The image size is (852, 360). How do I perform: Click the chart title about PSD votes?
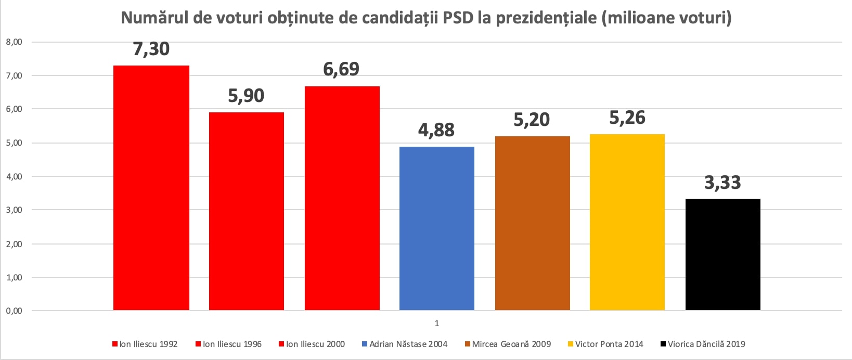click(x=426, y=18)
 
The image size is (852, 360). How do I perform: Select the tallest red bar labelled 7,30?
click(x=151, y=187)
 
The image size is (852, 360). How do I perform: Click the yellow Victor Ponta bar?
click(x=627, y=222)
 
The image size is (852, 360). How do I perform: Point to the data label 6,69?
click(x=341, y=69)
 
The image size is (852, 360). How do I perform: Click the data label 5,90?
click(x=246, y=96)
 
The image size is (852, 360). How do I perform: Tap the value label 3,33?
click(x=722, y=183)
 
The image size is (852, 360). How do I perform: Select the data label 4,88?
click(x=436, y=130)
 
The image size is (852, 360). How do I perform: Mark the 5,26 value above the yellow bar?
click(x=627, y=118)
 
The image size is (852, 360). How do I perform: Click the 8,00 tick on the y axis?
click(x=14, y=42)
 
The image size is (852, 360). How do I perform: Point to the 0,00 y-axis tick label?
click(x=14, y=311)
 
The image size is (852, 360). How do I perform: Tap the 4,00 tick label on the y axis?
click(x=14, y=177)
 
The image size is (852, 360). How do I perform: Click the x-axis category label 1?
click(x=437, y=323)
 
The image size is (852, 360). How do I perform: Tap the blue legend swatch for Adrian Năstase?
click(x=365, y=344)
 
